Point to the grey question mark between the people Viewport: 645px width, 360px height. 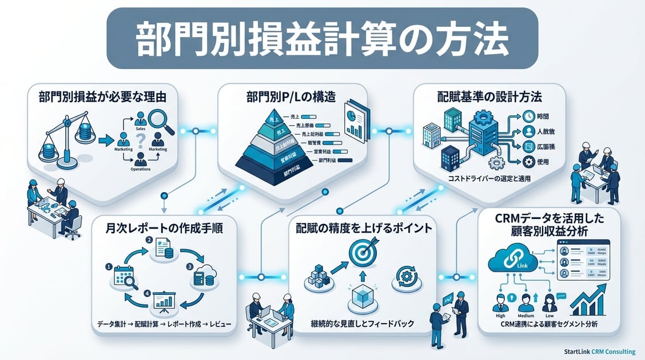(x=140, y=150)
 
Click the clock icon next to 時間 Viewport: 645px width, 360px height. (x=528, y=115)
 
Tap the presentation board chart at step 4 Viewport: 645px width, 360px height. (x=164, y=300)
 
